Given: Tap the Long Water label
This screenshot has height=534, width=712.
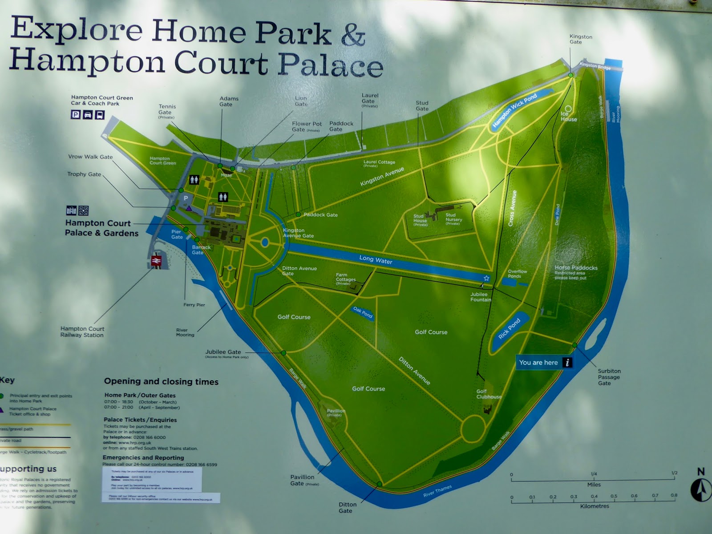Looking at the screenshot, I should [x=376, y=260].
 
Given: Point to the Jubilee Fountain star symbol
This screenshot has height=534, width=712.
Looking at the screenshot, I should [x=486, y=278].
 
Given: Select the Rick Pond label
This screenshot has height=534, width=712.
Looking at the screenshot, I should [x=509, y=329].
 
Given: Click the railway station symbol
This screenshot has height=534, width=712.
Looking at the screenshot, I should [x=157, y=261].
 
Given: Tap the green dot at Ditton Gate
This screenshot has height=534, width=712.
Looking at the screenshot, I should [x=379, y=484].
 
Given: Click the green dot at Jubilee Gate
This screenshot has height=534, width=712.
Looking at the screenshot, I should [x=283, y=353].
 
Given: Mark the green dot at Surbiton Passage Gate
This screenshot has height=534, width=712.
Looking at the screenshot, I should [x=574, y=345].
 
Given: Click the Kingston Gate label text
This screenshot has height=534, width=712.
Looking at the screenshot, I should [x=580, y=39].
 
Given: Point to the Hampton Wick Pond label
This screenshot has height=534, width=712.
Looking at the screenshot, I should [x=514, y=110].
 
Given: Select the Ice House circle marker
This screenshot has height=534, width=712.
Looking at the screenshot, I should [x=568, y=109].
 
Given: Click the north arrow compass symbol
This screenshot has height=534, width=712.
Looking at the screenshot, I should [x=700, y=490].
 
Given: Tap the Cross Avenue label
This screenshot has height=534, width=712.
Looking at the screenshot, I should [x=513, y=208].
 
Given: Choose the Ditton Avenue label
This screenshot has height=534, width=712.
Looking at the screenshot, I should [x=414, y=370].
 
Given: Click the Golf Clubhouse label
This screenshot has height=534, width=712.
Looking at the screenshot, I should [x=489, y=394].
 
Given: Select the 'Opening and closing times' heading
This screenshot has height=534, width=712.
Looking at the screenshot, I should [x=161, y=381].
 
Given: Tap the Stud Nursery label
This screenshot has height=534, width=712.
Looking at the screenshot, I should [x=453, y=218].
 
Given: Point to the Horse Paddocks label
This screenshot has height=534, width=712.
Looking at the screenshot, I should [x=576, y=268].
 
